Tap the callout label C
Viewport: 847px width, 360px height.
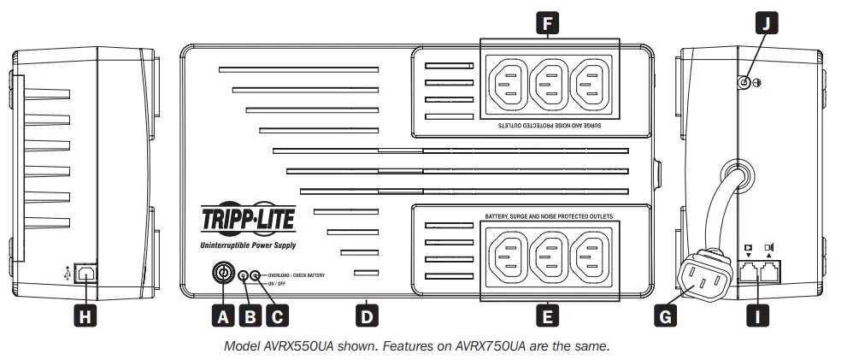(276, 316)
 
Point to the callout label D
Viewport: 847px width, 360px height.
(367, 316)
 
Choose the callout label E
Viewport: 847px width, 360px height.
(547, 316)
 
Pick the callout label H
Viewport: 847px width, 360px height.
(85, 316)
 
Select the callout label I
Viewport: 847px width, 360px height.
(758, 316)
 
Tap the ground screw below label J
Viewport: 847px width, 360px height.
(744, 82)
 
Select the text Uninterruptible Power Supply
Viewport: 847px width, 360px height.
(248, 245)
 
